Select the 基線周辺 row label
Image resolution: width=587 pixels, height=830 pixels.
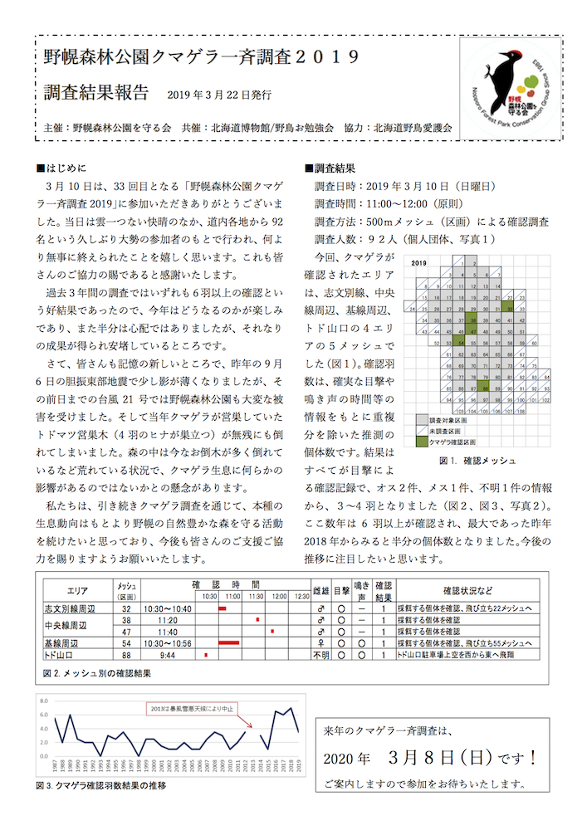(x=71, y=642)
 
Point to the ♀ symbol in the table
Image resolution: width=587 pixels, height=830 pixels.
(x=320, y=642)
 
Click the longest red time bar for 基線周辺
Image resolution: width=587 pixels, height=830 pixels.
(x=228, y=642)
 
